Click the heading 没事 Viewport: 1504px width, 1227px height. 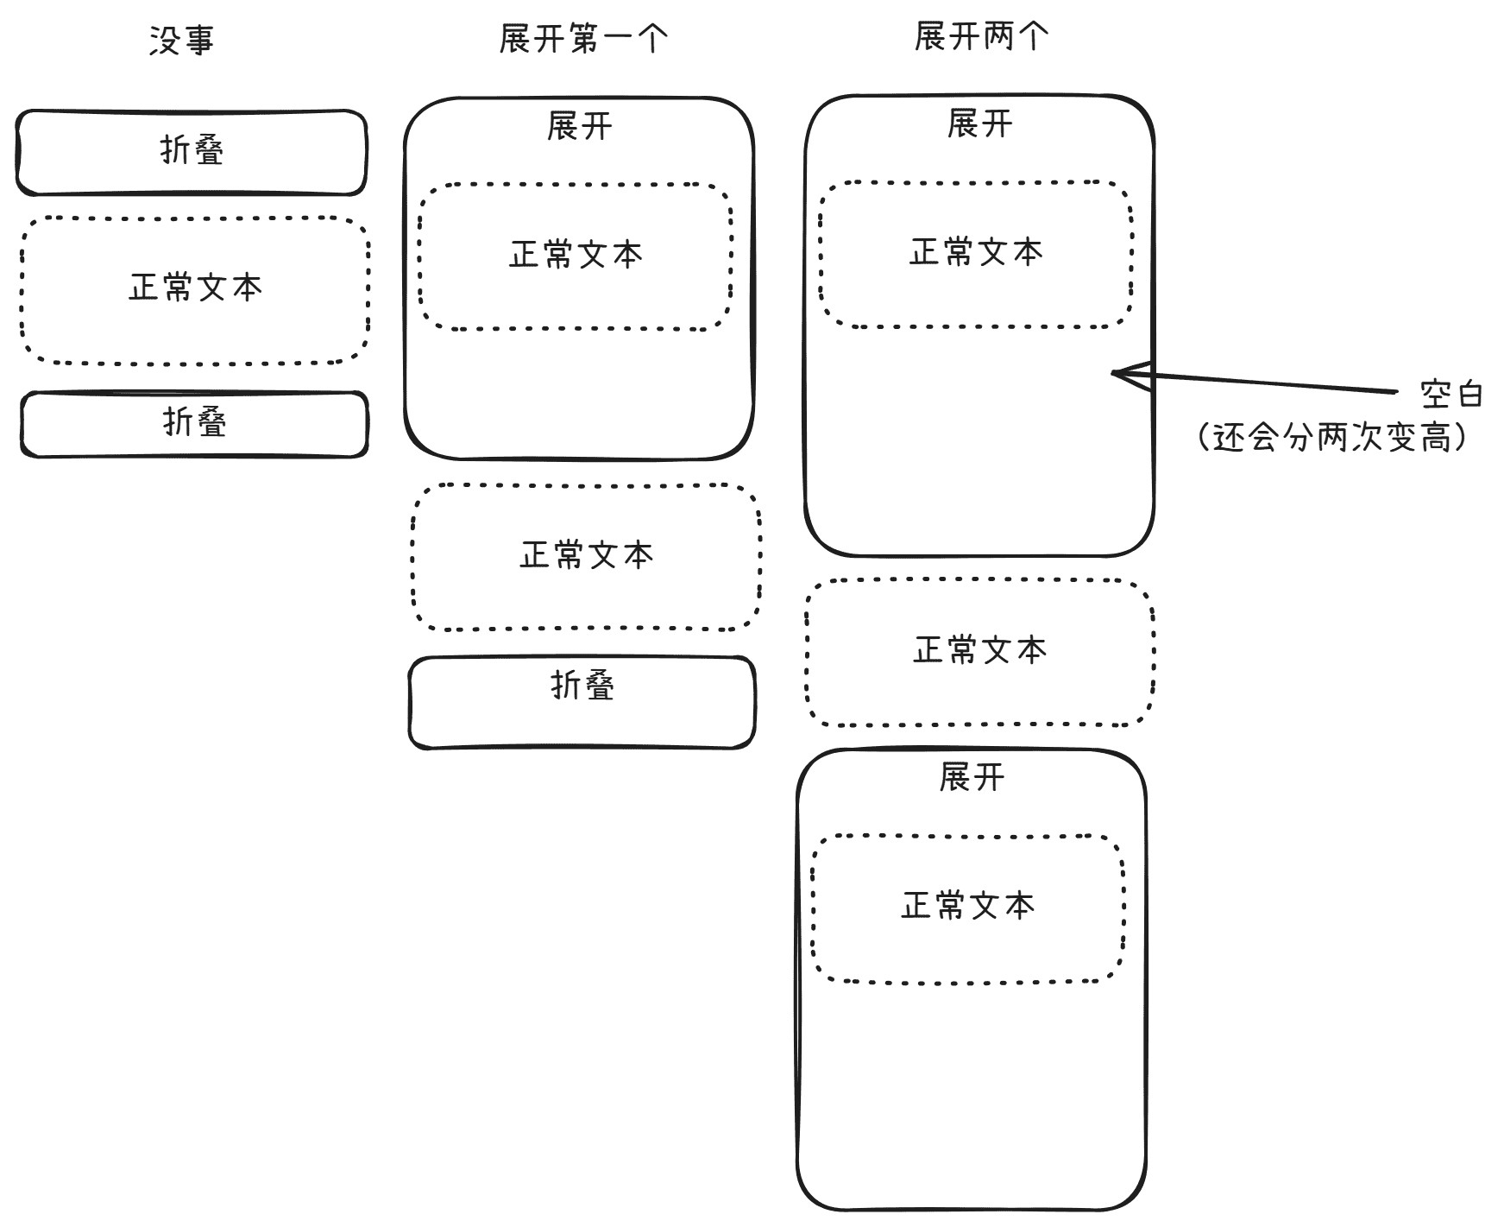pos(181,40)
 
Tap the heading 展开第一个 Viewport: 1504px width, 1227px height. pos(584,39)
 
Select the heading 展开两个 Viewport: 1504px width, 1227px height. pos(982,37)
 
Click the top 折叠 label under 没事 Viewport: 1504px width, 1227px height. pos(192,150)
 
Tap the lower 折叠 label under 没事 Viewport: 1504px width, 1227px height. pos(194,422)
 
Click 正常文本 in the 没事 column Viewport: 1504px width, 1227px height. pos(196,288)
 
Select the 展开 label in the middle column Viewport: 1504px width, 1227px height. pos(580,127)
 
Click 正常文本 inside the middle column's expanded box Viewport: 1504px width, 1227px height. pos(576,255)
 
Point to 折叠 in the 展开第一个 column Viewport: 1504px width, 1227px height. pos(582,686)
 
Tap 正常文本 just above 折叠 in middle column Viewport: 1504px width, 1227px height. pos(587,555)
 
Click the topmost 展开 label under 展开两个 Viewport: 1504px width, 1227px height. pos(979,124)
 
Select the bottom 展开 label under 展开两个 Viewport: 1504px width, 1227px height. pos(972,778)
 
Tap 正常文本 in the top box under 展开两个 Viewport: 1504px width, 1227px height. pos(976,252)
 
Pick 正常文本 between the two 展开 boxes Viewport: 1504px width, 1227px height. pos(979,650)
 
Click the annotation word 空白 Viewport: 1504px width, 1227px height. pos(1451,395)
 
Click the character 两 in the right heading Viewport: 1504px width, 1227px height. pos(998,37)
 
